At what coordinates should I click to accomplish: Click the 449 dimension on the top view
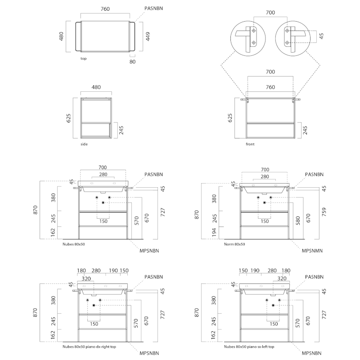tap(148, 36)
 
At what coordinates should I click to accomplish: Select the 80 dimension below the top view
tap(132, 62)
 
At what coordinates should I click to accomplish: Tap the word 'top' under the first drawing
tap(84, 58)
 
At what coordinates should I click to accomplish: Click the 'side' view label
tap(84, 144)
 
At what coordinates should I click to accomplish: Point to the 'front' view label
tap(250, 144)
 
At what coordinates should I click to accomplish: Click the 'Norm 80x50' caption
tap(234, 244)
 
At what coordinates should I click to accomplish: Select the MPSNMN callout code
tap(312, 251)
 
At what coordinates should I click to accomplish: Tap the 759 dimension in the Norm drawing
tap(324, 211)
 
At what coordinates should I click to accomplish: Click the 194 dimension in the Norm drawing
tap(214, 232)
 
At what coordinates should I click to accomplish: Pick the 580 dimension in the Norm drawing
tap(298, 220)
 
